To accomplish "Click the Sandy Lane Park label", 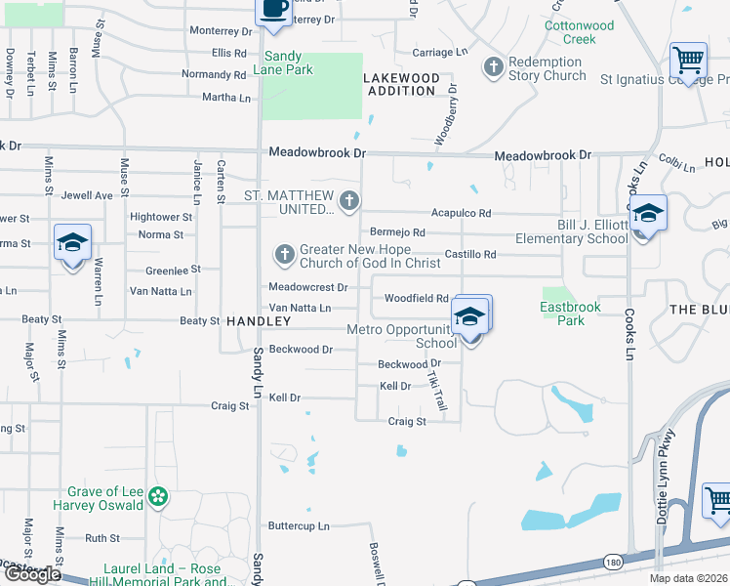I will pos(277,63).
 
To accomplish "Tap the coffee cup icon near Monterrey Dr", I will pos(273,9).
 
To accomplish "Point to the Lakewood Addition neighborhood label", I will pos(401,84).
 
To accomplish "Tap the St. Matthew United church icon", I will pos(349,203).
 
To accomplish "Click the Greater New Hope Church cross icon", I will pos(285,256).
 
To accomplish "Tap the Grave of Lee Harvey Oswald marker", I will pos(159,498).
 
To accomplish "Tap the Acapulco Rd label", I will pos(462,214).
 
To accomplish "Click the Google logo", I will pos(32,574).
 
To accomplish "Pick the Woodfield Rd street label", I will pos(416,298).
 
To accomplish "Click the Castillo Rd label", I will pos(471,255).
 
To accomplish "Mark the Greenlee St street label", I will pos(173,270).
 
